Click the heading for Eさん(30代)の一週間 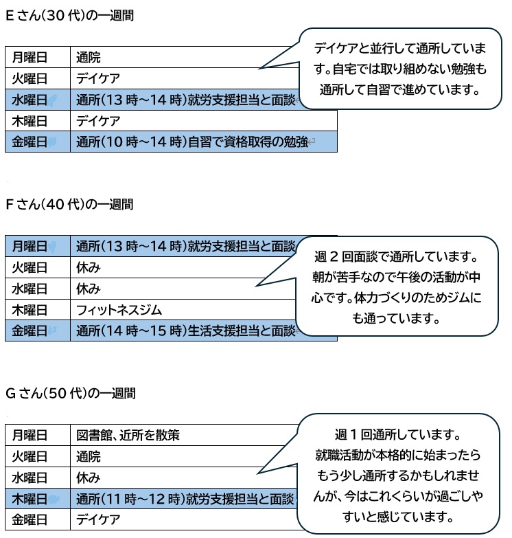tap(69, 16)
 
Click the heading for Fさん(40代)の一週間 tap(69, 204)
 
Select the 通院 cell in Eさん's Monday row tap(89, 57)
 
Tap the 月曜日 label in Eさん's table tap(30, 57)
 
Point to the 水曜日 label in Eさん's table tap(30, 100)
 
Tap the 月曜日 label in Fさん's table tap(30, 246)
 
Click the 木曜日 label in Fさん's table tap(30, 309)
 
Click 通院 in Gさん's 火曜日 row tap(89, 456)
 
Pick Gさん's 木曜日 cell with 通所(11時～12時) tap(185, 498)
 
